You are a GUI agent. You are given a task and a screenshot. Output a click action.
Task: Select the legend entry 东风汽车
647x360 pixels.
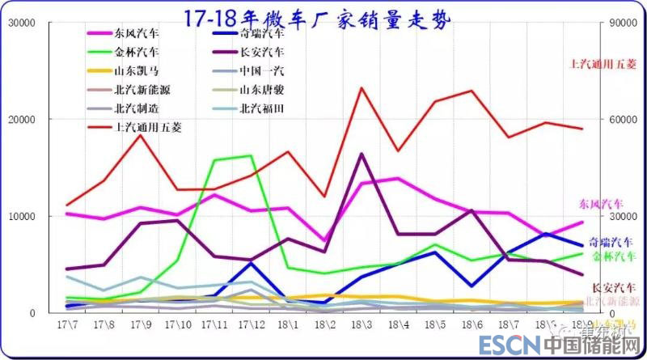[x=136, y=34]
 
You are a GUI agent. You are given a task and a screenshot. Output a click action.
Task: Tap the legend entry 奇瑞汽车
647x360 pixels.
[x=262, y=34]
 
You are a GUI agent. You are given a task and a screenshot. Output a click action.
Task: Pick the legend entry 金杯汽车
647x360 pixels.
[x=136, y=52]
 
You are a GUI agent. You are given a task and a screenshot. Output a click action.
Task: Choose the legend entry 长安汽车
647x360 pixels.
[x=262, y=52]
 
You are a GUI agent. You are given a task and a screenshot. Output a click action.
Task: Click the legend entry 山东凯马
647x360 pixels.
[x=136, y=70]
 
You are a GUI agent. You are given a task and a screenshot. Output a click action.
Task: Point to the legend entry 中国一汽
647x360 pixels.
[x=262, y=70]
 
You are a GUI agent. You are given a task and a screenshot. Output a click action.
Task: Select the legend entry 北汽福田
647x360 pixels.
[x=262, y=108]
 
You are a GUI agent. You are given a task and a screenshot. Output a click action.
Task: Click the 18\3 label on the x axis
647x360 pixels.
[x=362, y=325]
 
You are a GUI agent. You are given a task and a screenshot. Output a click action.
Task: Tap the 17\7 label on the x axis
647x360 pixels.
[x=67, y=325]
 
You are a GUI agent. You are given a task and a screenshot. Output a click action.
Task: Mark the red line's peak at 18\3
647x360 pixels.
[x=362, y=87]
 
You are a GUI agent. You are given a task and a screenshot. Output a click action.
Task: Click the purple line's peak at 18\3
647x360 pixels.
[x=362, y=153]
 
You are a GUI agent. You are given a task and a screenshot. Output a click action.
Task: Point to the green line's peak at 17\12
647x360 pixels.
[x=251, y=155]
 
